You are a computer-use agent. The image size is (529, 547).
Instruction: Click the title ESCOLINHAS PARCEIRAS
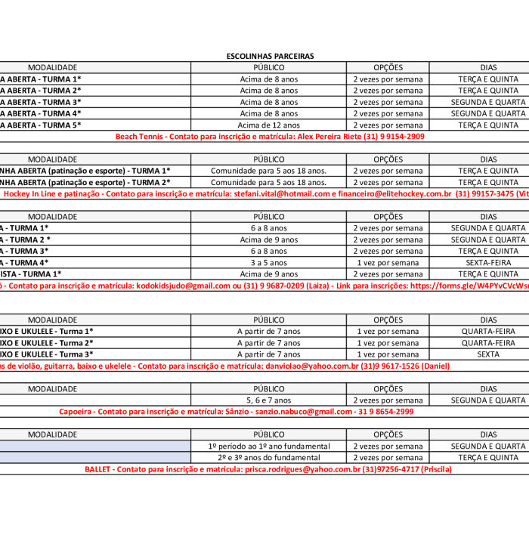coord(270,56)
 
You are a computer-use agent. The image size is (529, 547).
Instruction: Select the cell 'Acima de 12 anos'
coord(269,125)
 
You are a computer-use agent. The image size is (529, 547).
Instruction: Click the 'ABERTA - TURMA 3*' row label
coord(41,102)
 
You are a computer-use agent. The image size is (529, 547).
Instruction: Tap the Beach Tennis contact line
coord(270,137)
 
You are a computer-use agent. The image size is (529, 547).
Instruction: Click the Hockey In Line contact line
coord(264,194)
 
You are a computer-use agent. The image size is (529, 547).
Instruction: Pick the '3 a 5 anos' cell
coord(269,263)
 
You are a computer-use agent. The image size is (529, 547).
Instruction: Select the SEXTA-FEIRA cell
coord(488,263)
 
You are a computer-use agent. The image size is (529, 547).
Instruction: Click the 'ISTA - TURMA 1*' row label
coord(31,274)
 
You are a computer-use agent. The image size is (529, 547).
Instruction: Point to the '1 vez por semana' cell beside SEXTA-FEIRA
coord(388,263)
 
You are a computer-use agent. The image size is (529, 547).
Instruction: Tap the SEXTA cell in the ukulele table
coord(488,354)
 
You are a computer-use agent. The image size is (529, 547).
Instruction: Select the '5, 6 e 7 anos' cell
coord(269,400)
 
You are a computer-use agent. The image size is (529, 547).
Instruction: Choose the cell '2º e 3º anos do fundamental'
coord(269,458)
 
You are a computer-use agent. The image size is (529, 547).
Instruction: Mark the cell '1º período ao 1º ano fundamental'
coord(269,447)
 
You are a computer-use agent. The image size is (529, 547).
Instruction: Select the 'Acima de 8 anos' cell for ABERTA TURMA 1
coord(269,79)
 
